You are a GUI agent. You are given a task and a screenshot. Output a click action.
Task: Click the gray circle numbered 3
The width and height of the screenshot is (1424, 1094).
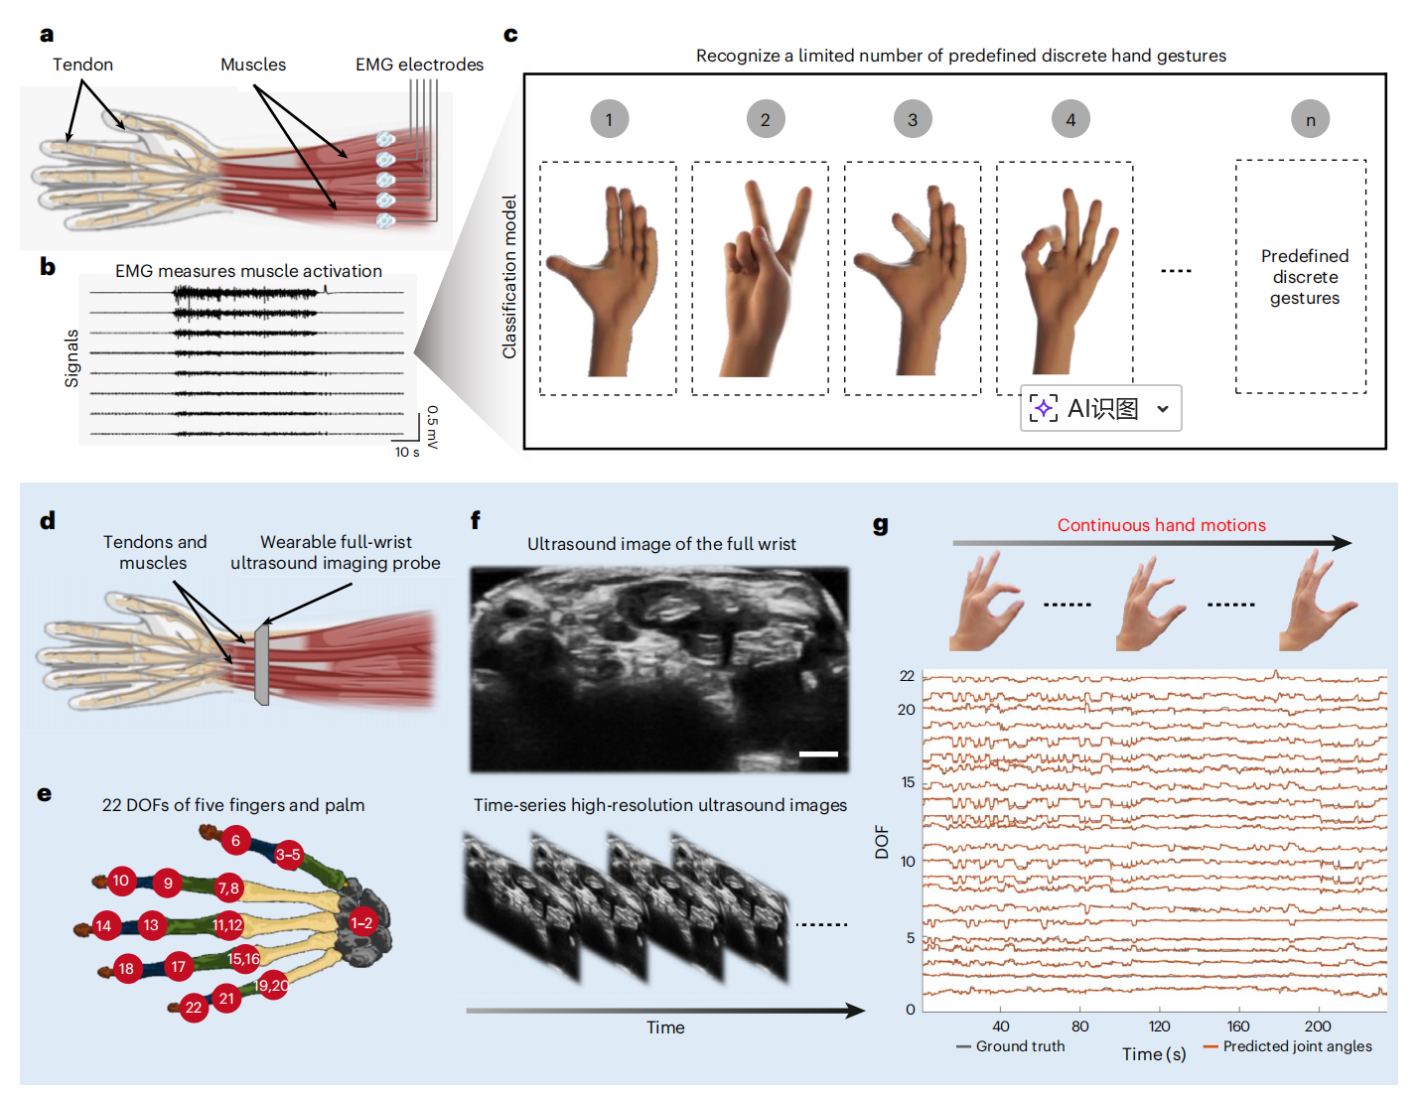point(913,119)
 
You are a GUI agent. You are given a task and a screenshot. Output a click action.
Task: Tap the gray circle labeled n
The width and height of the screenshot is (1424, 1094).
point(1310,119)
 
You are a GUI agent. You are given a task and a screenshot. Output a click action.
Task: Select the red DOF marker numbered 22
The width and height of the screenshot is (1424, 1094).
point(194,1008)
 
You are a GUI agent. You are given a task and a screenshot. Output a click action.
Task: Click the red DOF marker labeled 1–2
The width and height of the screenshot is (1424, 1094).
point(361,923)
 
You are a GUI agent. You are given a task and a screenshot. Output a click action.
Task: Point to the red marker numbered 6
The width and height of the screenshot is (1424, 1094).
point(235,841)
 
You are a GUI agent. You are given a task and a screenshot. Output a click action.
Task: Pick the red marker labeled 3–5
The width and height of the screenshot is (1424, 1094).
point(288,855)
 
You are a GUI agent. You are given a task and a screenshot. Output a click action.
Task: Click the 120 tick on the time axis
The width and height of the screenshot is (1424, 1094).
point(1159,1026)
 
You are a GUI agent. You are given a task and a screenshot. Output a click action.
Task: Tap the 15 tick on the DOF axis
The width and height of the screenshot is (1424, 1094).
point(908,782)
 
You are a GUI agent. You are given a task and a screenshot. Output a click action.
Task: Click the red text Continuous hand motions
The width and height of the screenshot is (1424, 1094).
point(1161,525)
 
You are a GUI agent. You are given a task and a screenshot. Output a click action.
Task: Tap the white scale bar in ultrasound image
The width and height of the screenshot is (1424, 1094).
point(818,753)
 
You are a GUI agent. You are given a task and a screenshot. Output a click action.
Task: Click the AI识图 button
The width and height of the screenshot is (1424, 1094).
point(1100,408)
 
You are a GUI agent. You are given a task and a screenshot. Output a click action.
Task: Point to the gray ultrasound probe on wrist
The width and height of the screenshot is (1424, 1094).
point(261,663)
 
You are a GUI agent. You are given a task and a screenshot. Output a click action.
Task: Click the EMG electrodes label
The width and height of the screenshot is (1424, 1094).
point(419,65)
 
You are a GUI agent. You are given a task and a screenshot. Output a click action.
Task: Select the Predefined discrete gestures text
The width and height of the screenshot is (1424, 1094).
point(1305,277)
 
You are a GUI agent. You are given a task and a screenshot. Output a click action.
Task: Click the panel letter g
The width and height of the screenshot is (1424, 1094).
point(880,525)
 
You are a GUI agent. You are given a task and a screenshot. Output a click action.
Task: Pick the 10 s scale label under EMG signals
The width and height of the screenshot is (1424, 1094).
point(407,452)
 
